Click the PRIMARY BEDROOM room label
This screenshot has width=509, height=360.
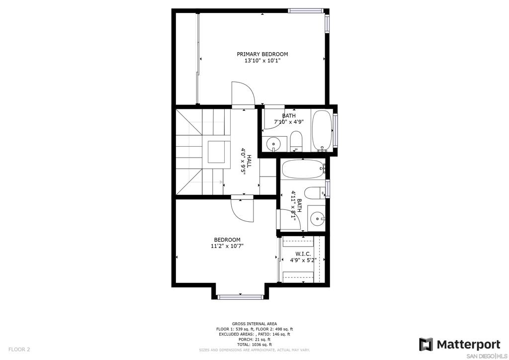coord(262,54)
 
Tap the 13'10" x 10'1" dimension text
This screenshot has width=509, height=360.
coord(262,61)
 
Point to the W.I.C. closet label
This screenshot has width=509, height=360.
coord(303,254)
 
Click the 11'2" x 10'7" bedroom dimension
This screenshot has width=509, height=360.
coord(227,246)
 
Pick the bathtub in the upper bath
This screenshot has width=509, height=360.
coord(322,131)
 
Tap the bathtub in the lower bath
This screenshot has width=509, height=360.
coord(303,169)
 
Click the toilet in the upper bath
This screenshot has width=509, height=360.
coord(296,141)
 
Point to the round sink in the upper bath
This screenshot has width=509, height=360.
coord(274,143)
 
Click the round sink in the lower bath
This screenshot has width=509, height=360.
coord(317,218)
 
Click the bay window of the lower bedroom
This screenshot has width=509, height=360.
coord(240,297)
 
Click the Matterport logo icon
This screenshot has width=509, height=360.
coord(426,345)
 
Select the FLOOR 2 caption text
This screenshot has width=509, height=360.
coord(19,350)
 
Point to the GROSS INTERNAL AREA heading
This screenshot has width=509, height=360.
coord(254,324)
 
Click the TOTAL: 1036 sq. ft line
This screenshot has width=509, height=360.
coord(254,345)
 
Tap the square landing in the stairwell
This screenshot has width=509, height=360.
coord(216,152)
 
